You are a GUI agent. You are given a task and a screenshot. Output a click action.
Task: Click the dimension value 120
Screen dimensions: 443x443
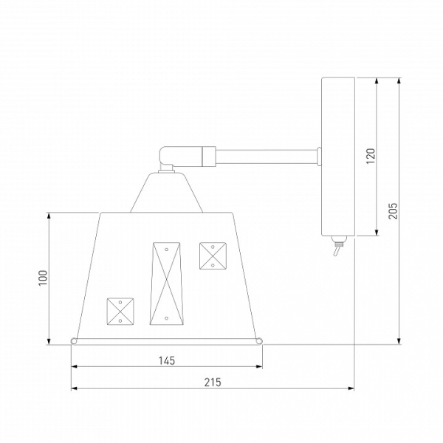[371, 156]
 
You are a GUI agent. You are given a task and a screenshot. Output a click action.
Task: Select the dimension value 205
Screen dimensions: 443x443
[393, 210]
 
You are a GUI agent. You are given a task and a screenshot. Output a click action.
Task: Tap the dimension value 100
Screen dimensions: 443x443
[43, 278]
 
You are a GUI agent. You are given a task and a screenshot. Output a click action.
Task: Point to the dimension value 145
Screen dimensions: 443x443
[167, 361]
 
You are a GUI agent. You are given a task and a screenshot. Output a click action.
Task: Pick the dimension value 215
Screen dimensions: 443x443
[213, 382]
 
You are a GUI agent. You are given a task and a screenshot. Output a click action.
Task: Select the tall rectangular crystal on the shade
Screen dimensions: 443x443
[165, 284]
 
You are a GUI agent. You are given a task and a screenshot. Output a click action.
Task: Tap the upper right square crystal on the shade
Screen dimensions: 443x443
[213, 255]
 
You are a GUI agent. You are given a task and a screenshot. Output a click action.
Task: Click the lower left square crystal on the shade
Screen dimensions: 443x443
[120, 312]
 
